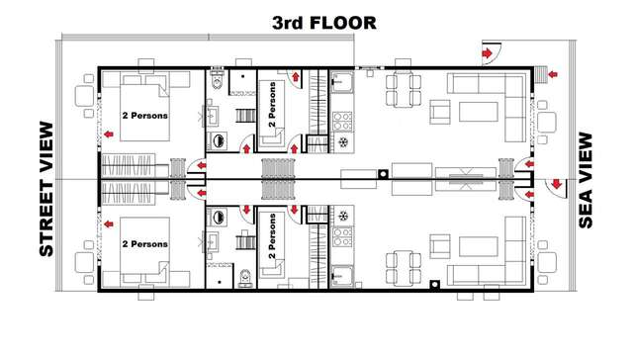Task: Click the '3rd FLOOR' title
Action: coord(317,21)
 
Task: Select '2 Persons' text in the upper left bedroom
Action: coord(144,116)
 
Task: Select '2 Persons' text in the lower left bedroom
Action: coord(144,243)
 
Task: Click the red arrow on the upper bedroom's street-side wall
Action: coord(106,135)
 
